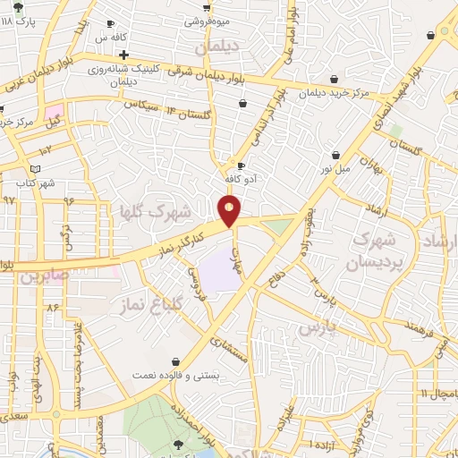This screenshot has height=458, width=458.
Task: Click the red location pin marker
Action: tap(230, 211)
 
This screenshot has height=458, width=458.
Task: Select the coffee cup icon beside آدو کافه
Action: tap(241, 165)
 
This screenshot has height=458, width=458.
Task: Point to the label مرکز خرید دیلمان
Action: tap(334, 92)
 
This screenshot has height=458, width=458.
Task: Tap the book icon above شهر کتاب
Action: tap(36, 168)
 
